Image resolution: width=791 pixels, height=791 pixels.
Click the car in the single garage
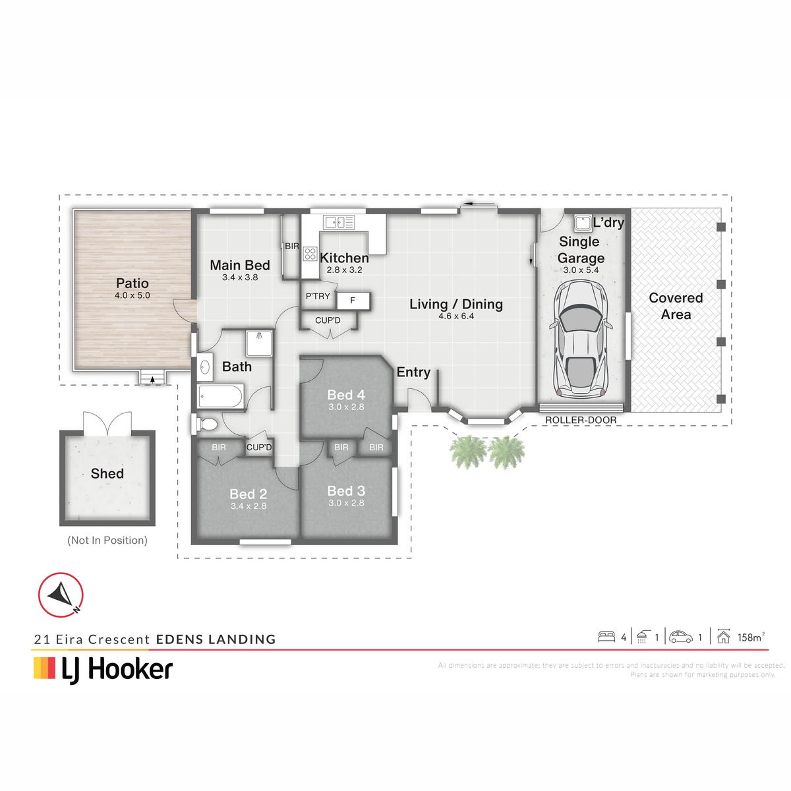click(x=580, y=339)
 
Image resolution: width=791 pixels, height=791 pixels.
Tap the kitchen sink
click(x=339, y=223)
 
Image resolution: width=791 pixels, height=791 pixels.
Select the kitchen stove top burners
click(x=310, y=254)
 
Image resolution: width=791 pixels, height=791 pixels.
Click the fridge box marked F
click(x=353, y=301)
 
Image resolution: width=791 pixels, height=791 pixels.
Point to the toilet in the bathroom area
click(x=206, y=424)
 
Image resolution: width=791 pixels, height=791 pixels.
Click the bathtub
click(x=220, y=396)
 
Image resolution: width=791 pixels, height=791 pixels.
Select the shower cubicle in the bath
click(x=259, y=343)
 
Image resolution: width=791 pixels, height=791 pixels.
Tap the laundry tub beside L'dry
click(x=583, y=223)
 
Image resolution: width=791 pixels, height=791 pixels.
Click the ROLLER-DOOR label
click(x=581, y=421)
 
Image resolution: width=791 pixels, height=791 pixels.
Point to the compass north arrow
click(x=61, y=595)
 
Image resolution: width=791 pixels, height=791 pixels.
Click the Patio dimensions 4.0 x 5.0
click(x=132, y=295)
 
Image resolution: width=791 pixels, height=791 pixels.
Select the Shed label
click(x=107, y=474)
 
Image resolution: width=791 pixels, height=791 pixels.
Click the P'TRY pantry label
click(x=318, y=297)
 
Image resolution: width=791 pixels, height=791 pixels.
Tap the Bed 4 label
click(x=346, y=395)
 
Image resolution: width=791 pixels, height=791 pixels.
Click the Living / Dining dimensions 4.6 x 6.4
click(x=456, y=316)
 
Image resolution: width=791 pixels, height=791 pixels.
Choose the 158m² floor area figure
click(x=751, y=637)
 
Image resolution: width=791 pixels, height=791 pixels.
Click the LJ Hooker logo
click(x=103, y=670)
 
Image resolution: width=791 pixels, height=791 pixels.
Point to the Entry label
click(x=413, y=372)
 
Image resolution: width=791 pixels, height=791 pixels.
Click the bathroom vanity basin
click(x=205, y=366)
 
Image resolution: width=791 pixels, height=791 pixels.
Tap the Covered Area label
click(x=676, y=307)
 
